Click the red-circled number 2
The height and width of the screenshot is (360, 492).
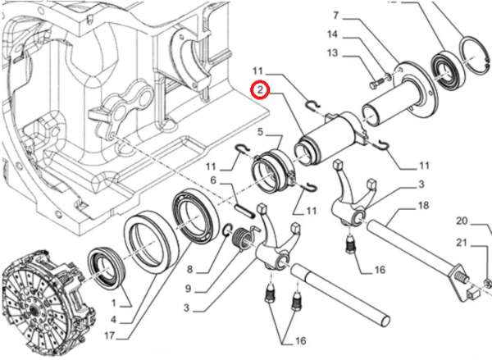point(259,89)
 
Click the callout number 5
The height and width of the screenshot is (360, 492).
point(260,131)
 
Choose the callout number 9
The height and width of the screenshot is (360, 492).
point(190,288)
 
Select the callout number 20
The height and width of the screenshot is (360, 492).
point(462,221)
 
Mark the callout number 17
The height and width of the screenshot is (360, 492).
point(110,335)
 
